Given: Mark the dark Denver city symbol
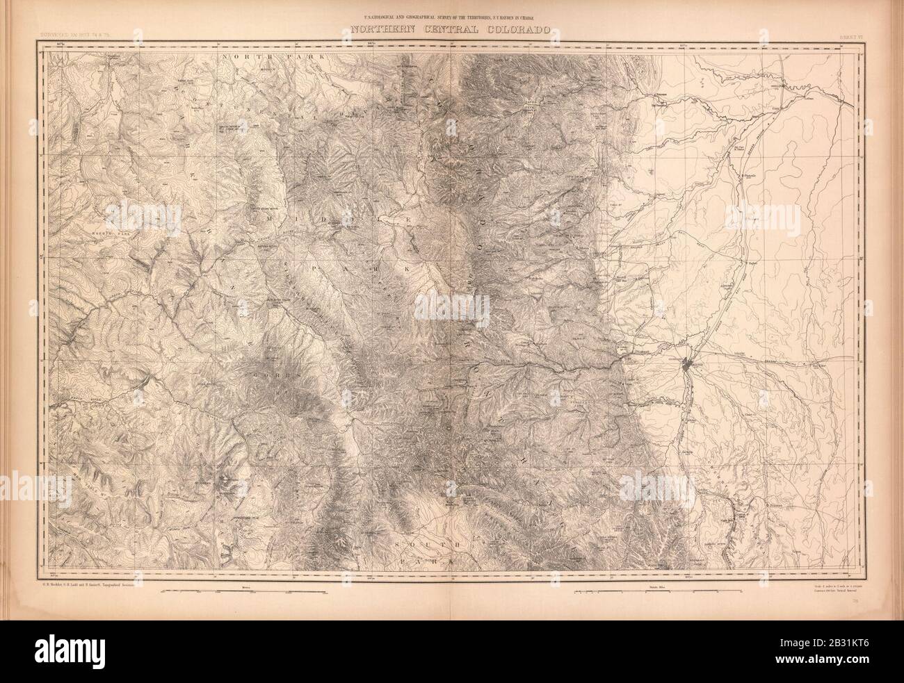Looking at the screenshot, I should point(687,364).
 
